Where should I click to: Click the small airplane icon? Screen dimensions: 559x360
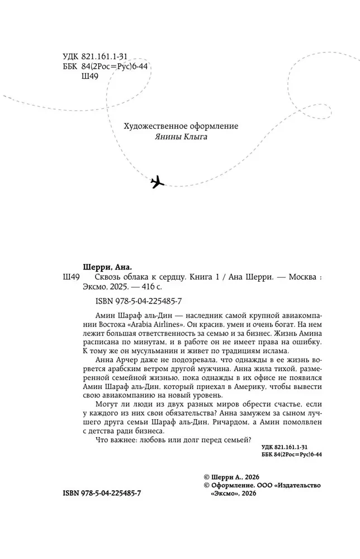(159, 182)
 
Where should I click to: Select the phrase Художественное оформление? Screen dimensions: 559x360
(181, 126)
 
